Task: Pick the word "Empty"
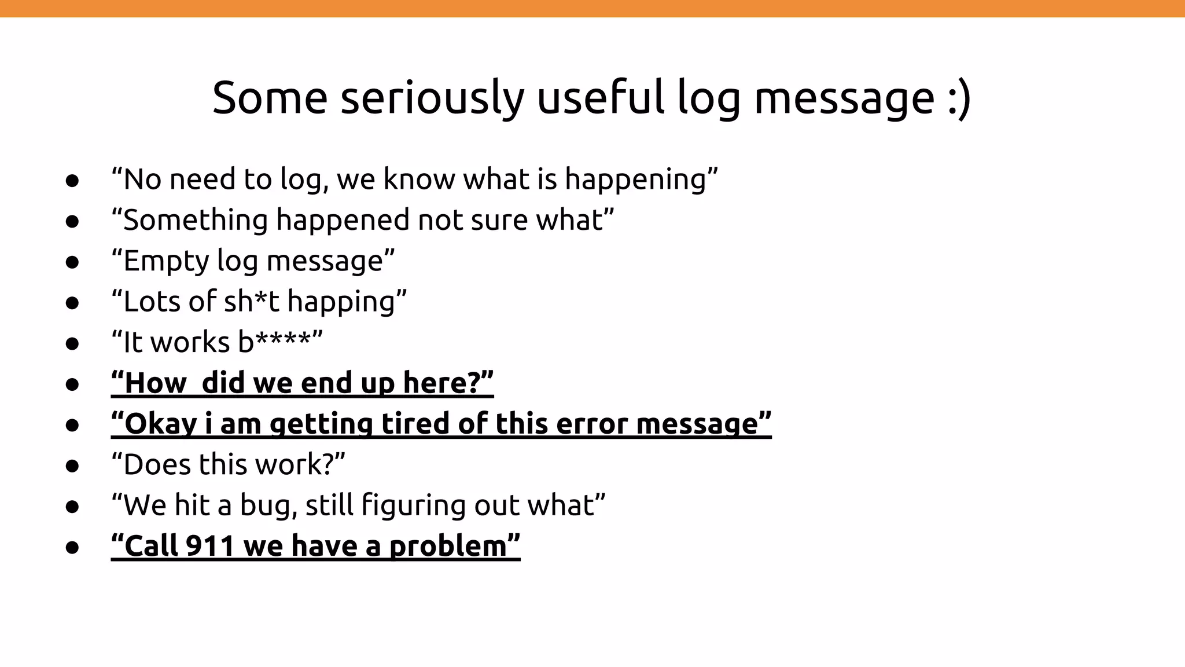[165, 261]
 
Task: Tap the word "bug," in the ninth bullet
[268, 505]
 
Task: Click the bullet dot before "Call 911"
[72, 547]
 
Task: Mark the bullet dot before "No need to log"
[72, 180]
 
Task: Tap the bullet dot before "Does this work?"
[72, 466]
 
